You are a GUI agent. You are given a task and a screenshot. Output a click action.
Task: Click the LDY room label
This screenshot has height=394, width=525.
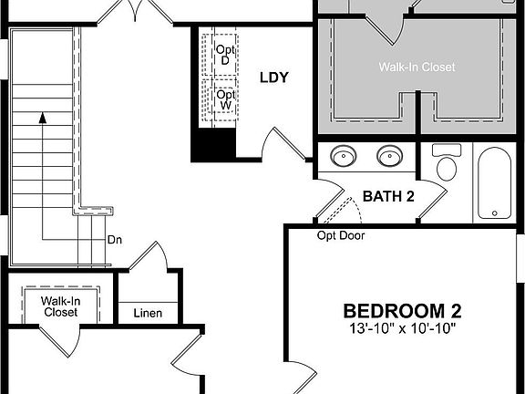coord(273,78)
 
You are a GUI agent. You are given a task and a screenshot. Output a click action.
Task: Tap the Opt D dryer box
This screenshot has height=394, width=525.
coord(223,55)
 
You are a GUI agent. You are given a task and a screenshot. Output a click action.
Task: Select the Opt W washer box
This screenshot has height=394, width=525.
coord(223,98)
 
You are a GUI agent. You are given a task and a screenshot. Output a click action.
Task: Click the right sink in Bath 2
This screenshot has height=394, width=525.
coord(389,157)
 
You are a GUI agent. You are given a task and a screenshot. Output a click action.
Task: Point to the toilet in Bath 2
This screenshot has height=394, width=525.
coord(447,163)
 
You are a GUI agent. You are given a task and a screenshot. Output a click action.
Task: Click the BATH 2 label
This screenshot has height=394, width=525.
coord(388,196)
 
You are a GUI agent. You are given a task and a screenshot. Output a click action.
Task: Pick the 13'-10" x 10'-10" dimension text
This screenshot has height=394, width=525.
coord(399,327)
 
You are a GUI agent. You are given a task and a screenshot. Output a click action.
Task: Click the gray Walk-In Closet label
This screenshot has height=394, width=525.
coord(417,67)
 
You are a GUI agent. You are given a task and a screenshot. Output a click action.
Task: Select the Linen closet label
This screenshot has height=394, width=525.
coord(148,314)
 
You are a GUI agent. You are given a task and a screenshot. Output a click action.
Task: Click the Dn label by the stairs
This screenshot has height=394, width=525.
coord(115,240)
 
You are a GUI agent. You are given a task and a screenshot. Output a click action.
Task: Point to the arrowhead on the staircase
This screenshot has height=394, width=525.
coord(41,117)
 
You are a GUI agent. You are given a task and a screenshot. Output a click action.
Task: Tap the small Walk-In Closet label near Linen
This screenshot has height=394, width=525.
coord(60,306)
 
